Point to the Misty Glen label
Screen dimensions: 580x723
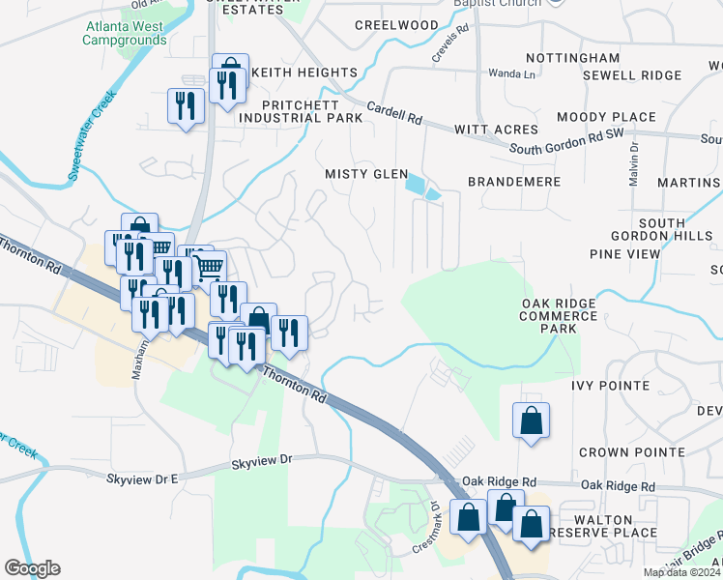click(363, 173)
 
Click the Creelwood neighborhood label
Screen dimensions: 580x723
click(397, 24)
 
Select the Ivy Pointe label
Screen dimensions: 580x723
click(610, 385)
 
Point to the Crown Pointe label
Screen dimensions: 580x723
click(631, 452)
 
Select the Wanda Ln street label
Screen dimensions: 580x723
click(511, 73)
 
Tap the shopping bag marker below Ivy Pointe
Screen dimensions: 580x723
click(531, 420)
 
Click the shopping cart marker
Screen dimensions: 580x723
click(210, 267)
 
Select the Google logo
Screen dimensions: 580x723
click(32, 568)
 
